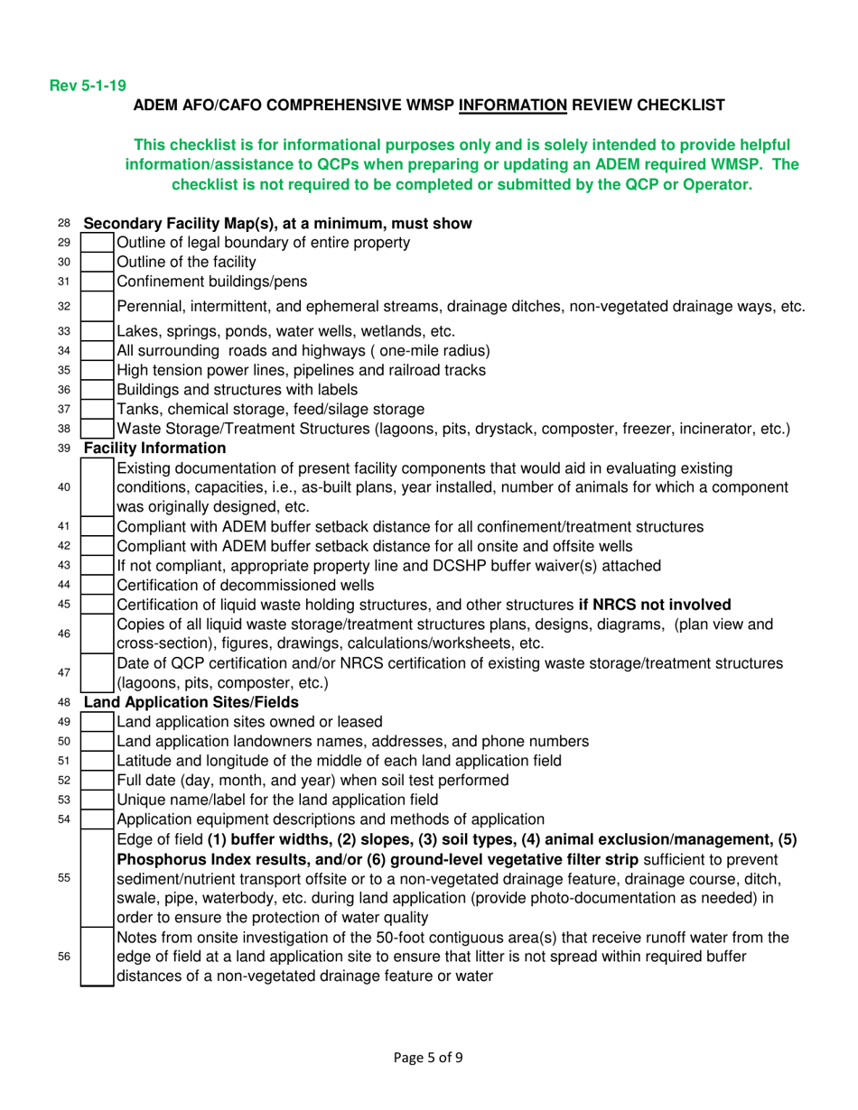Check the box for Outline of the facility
coord(98,263)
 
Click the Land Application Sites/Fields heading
coord(170,702)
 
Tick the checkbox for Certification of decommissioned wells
coord(98,585)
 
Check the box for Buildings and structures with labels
coord(98,390)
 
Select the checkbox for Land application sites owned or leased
coord(98,721)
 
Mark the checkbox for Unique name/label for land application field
coord(98,798)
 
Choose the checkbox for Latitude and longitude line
coord(98,760)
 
